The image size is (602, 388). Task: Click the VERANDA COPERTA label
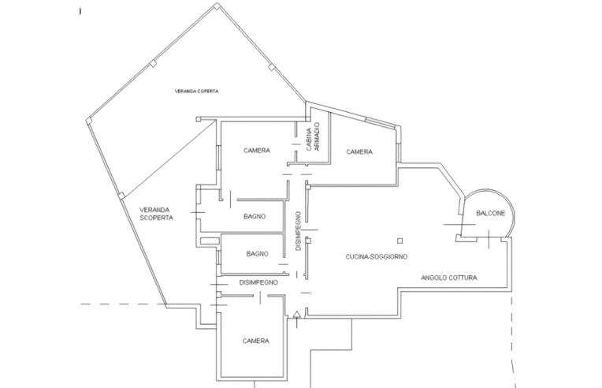[x=196, y=91]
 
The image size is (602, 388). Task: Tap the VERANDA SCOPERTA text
[x=156, y=214]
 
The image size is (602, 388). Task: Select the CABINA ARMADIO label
[x=313, y=136]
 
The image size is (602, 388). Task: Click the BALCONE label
[x=491, y=213]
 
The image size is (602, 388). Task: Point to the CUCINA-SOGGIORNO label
[x=377, y=256]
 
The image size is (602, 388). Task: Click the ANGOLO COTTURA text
[x=449, y=278]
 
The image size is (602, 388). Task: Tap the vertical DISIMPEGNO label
[x=299, y=231]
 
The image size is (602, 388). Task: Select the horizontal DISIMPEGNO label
[x=258, y=282]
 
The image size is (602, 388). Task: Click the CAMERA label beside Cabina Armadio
[x=257, y=151]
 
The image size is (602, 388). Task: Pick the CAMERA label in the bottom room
[x=256, y=341]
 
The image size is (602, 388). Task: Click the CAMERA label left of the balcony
[x=359, y=152]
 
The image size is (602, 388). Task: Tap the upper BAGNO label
[x=255, y=217]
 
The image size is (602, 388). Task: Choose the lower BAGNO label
[x=257, y=254]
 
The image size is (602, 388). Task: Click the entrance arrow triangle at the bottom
[x=296, y=315]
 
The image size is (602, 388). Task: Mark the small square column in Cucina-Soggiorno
[x=400, y=241]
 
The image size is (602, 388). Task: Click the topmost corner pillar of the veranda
[x=217, y=6]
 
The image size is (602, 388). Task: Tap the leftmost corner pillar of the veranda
[x=89, y=121]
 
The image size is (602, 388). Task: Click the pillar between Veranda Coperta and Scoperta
[x=121, y=196]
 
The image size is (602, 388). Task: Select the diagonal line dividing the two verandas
[x=169, y=158]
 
